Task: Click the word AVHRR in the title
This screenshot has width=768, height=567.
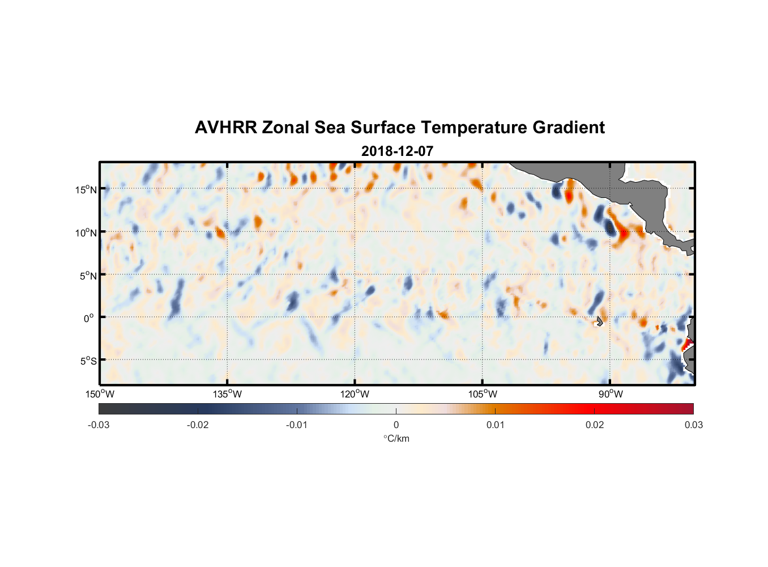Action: [226, 128]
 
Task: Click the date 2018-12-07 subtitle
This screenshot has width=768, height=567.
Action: [398, 151]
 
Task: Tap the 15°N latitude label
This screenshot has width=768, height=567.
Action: [86, 189]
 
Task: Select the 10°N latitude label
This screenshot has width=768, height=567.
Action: [86, 232]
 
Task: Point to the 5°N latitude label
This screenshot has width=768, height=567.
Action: [88, 276]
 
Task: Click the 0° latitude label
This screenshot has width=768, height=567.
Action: [88, 318]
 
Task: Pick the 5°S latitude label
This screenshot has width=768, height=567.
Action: [88, 361]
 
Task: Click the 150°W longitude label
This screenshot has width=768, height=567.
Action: [100, 394]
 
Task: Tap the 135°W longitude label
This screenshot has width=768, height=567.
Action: [227, 394]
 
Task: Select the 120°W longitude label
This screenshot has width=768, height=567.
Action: [355, 394]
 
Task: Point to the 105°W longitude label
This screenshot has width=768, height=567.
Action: [483, 394]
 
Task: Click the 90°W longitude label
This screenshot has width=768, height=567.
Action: [611, 394]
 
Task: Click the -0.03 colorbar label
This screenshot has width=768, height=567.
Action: [99, 425]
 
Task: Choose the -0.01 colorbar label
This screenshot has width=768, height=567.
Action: [297, 425]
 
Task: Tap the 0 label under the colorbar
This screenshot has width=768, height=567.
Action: [396, 425]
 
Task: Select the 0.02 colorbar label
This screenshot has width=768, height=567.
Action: [595, 425]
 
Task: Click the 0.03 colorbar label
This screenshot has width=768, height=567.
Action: [694, 425]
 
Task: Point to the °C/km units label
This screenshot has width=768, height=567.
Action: [396, 439]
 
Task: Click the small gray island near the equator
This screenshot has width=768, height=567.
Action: [599, 321]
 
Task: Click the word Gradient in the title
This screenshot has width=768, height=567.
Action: [569, 128]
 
